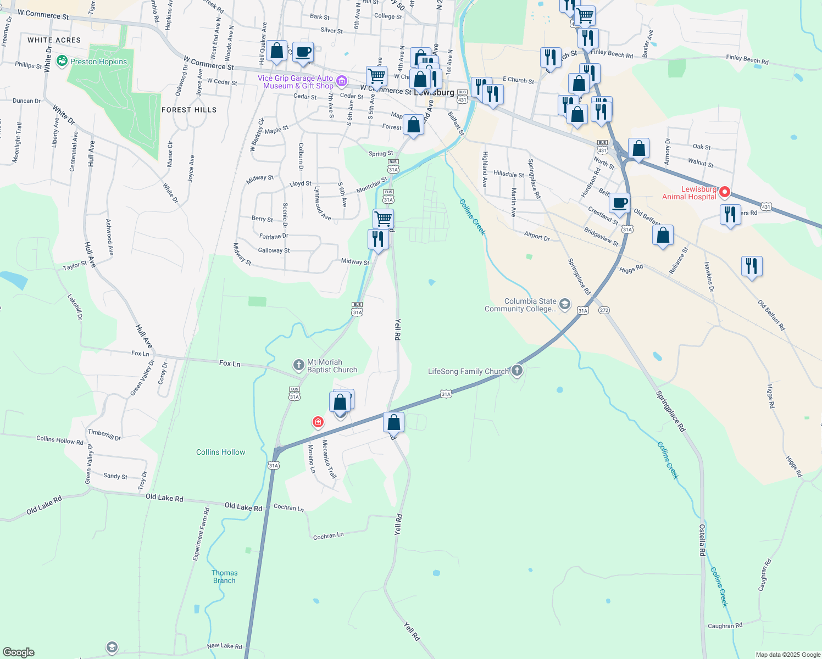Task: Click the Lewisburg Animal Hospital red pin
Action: pos(724,192)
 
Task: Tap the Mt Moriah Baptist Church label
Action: pos(332,366)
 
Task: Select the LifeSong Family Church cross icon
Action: pos(516,370)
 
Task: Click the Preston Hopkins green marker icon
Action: pos(62,61)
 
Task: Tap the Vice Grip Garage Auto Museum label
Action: pos(296,82)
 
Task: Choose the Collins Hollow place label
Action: pos(220,452)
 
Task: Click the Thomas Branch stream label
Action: pos(224,577)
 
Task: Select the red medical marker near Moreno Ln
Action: pos(318,422)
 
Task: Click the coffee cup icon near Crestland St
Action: pos(619,203)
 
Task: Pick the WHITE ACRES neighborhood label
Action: pos(54,40)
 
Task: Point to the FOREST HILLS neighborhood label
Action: pos(189,110)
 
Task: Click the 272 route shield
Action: pos(604,310)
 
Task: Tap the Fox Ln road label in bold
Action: pos(229,364)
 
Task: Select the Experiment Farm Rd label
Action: pos(201,534)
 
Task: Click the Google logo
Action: pos(19,652)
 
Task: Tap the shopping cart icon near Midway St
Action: pos(383,218)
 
